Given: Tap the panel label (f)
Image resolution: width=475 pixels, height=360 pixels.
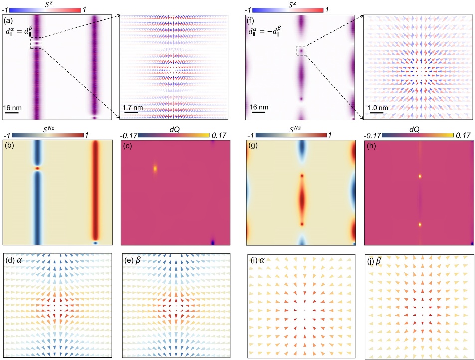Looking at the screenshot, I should pyautogui.click(x=252, y=21).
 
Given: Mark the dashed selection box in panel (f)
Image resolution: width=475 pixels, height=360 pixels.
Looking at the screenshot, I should pyautogui.click(x=301, y=50).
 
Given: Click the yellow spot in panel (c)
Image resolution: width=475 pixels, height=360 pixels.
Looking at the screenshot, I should pyautogui.click(x=155, y=168).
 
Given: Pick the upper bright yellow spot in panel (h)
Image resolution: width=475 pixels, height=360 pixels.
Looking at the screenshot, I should pyautogui.click(x=420, y=176).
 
